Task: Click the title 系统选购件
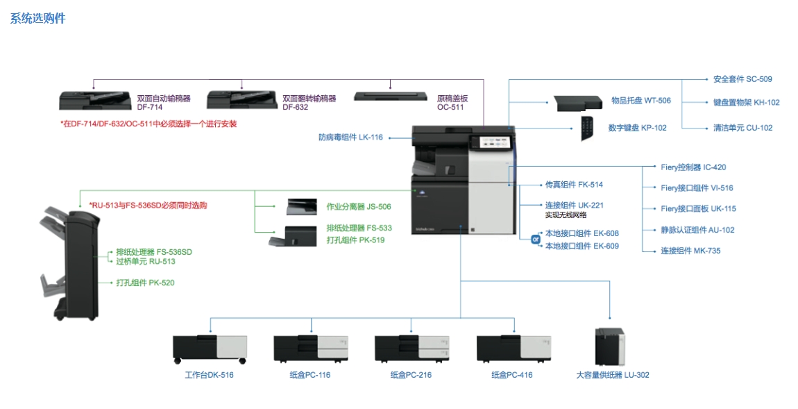tap(37, 19)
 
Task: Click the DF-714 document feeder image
tap(95, 100)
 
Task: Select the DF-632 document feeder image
tap(241, 101)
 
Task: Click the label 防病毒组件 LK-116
tap(350, 137)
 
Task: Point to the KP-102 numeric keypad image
tap(587, 128)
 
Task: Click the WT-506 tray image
tap(577, 103)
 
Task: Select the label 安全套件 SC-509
tap(742, 79)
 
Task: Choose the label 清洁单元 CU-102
tap(742, 128)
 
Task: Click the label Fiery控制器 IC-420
tap(693, 167)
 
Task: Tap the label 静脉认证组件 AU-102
tap(697, 230)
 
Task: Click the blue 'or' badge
tap(535, 240)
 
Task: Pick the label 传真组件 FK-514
tap(574, 185)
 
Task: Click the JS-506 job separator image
tap(301, 206)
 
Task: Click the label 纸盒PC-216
tap(411, 375)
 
